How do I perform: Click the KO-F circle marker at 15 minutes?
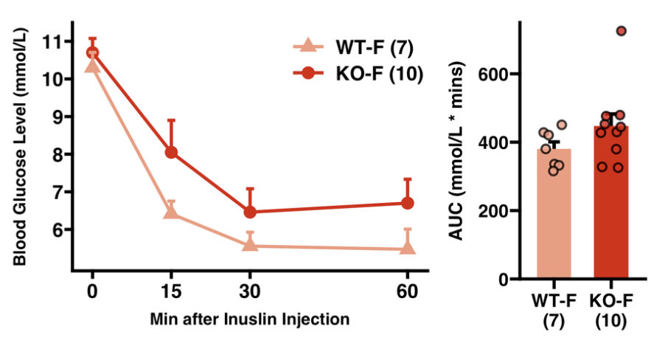[x=171, y=152]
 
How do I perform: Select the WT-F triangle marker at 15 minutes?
[x=171, y=212]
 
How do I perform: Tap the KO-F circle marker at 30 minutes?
[x=250, y=212]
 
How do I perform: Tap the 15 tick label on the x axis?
[x=171, y=291]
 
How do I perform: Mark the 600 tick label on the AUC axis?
[x=495, y=75]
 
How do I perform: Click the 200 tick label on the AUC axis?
[x=495, y=211]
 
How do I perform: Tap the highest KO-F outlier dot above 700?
[x=621, y=31]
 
